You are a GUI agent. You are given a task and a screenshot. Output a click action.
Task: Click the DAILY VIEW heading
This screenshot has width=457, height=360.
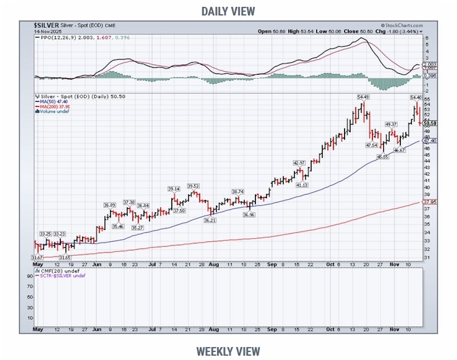tap(228, 11)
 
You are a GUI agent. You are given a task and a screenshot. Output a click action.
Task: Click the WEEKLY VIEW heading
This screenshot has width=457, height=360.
tap(228, 351)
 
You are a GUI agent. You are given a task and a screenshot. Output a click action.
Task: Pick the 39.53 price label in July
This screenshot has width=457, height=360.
tap(194, 186)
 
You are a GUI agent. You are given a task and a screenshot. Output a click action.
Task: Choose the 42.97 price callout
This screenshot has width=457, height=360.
tap(298, 163)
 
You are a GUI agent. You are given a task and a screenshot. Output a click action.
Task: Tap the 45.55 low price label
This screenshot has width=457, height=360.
tap(383, 157)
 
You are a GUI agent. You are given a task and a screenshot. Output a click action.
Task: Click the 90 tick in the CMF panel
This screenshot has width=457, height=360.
tap(28, 276)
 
